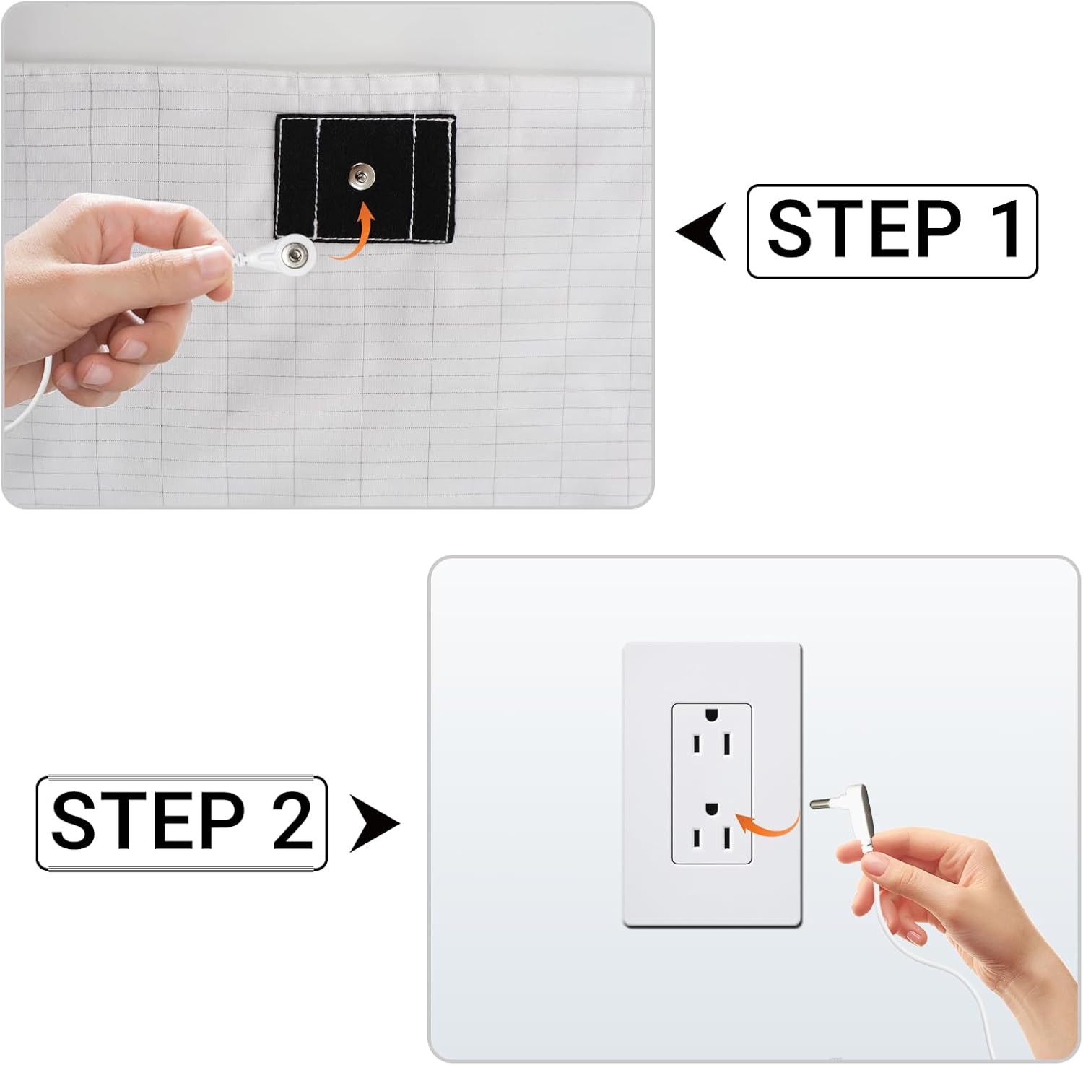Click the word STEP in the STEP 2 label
coord(149,820)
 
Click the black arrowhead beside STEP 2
coord(374,823)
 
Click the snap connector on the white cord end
coord(294,253)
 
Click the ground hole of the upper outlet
coord(711,715)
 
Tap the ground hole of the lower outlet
coord(711,809)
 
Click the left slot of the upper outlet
coord(697,744)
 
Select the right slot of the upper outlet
coord(727,744)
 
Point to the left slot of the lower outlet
coord(697,839)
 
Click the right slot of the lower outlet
coord(727,839)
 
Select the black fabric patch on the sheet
coord(365,178)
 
